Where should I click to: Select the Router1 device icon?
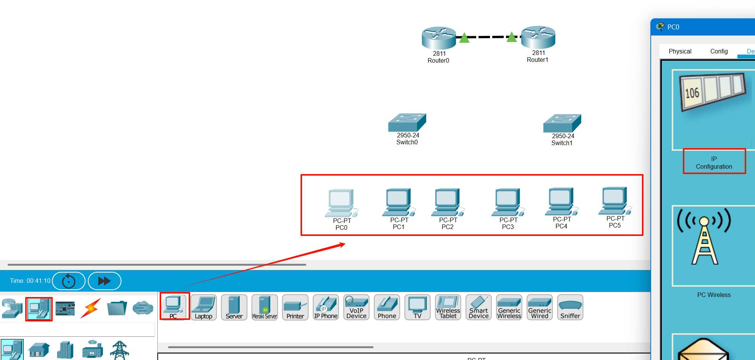pyautogui.click(x=538, y=37)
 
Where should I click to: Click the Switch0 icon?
pyautogui.click(x=407, y=123)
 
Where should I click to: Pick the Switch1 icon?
pyautogui.click(x=562, y=123)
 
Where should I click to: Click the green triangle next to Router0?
pyautogui.click(x=464, y=38)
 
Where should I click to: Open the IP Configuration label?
pyautogui.click(x=714, y=163)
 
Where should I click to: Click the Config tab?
pyautogui.click(x=719, y=51)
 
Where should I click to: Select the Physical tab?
pyautogui.click(x=680, y=51)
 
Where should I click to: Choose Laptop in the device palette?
pyautogui.click(x=204, y=307)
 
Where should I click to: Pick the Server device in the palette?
pyautogui.click(x=234, y=307)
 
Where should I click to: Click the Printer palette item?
pyautogui.click(x=295, y=307)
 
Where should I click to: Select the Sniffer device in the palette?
pyautogui.click(x=570, y=307)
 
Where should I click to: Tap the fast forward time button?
pyautogui.click(x=104, y=281)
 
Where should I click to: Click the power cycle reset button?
pyautogui.click(x=69, y=281)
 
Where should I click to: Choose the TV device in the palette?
pyautogui.click(x=417, y=307)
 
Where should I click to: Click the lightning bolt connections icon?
pyautogui.click(x=91, y=308)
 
